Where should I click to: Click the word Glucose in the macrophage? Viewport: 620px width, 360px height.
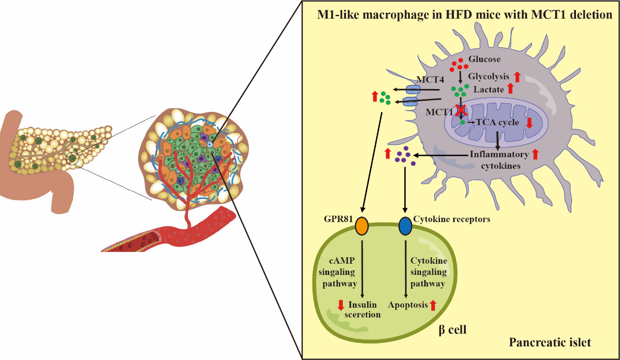click(484, 59)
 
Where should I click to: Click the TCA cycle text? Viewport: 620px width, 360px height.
click(497, 122)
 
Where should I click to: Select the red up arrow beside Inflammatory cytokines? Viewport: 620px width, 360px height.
click(535, 154)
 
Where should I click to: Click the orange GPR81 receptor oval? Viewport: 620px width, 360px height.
click(361, 225)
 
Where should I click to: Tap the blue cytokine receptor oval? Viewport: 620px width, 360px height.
click(405, 225)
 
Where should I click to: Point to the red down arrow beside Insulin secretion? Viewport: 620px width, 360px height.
click(341, 305)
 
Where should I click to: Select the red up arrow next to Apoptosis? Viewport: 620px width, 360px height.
click(433, 305)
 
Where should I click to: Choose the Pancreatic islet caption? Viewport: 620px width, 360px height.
click(550, 342)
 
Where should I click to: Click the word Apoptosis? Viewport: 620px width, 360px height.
click(408, 305)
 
